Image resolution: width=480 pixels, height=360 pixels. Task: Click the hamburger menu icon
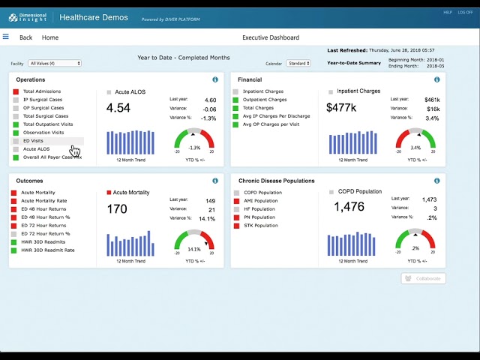point(6,37)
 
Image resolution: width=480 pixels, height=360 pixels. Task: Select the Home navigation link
point(50,37)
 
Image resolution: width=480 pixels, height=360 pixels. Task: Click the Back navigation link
point(25,37)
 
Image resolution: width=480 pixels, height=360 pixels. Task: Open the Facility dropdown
point(55,64)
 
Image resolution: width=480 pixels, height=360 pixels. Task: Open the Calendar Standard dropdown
point(298,64)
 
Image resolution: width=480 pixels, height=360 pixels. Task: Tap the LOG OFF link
point(466,12)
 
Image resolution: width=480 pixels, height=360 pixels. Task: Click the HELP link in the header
point(448,12)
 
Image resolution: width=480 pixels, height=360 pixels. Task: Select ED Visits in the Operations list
point(33,141)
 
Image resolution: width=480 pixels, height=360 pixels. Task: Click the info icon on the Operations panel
point(215,79)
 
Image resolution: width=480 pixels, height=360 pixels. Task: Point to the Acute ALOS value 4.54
point(118,108)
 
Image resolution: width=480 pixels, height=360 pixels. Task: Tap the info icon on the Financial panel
point(436,79)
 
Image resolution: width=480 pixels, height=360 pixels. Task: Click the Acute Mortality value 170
point(117,209)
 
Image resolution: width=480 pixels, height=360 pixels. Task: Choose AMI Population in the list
point(261,201)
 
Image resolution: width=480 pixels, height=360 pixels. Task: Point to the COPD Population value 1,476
point(349,208)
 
